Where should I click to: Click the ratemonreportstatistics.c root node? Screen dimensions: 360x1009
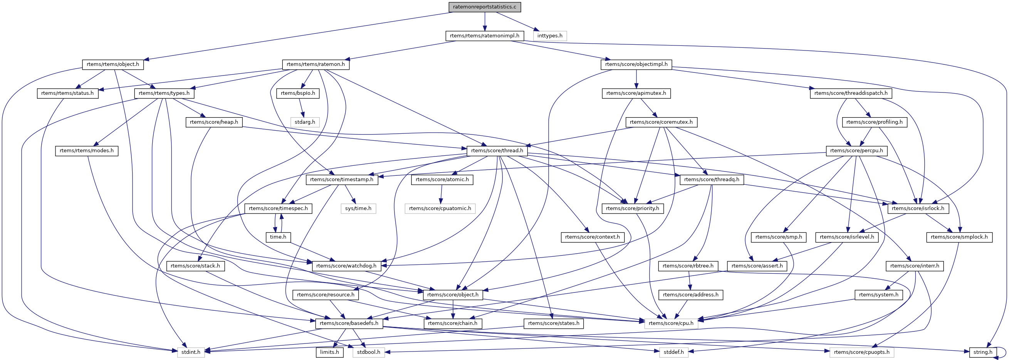pyautogui.click(x=485, y=7)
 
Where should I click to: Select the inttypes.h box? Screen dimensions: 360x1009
pyautogui.click(x=549, y=35)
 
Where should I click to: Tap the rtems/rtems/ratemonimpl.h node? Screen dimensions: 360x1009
pyautogui.click(x=485, y=35)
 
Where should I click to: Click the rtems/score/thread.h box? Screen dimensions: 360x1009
pyautogui.click(x=497, y=151)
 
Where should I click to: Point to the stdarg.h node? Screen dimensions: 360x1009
pyautogui.click(x=305, y=122)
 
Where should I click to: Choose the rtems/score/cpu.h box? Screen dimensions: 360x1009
pyautogui.click(x=671, y=323)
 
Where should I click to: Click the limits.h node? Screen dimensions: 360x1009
pyautogui.click(x=329, y=352)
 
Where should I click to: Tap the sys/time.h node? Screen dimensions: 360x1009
pyautogui.click(x=358, y=209)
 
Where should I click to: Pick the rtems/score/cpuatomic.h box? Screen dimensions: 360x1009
pyautogui.click(x=440, y=209)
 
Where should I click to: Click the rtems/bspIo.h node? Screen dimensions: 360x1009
pyautogui.click(x=298, y=93)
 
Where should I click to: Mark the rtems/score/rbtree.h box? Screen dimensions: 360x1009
pyautogui.click(x=688, y=266)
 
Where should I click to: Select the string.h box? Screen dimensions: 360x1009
pyautogui.click(x=983, y=352)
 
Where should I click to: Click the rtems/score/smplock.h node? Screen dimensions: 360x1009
pyautogui.click(x=959, y=237)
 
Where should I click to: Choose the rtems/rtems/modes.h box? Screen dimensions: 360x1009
pyautogui.click(x=87, y=151)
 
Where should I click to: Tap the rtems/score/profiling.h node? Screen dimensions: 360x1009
pyautogui.click(x=874, y=122)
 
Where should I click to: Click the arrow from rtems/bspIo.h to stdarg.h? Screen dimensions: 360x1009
pyautogui.click(x=301, y=108)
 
